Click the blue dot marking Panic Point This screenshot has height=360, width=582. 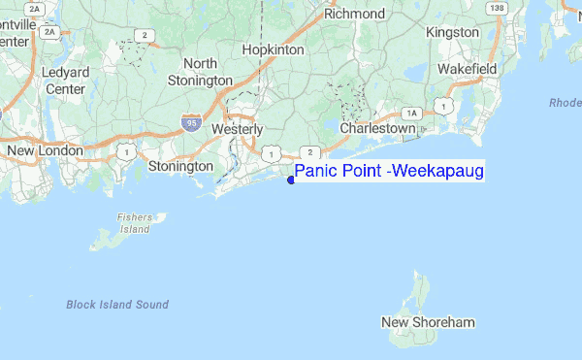(291, 179)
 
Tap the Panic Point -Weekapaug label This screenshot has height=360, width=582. (389, 172)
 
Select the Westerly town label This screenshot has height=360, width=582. (237, 128)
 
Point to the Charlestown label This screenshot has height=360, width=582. (378, 128)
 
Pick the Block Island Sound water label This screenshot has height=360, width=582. (117, 305)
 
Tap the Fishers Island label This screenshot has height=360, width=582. (135, 223)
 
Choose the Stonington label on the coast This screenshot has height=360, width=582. (180, 167)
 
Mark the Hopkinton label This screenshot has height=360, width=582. (273, 49)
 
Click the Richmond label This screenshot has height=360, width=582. (354, 14)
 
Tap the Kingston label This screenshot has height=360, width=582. (452, 32)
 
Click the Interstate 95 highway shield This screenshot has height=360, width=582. (191, 123)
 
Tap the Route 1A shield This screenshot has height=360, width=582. (411, 114)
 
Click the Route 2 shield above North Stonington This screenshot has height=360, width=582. (145, 36)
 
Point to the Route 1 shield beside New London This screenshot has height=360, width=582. (125, 151)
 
